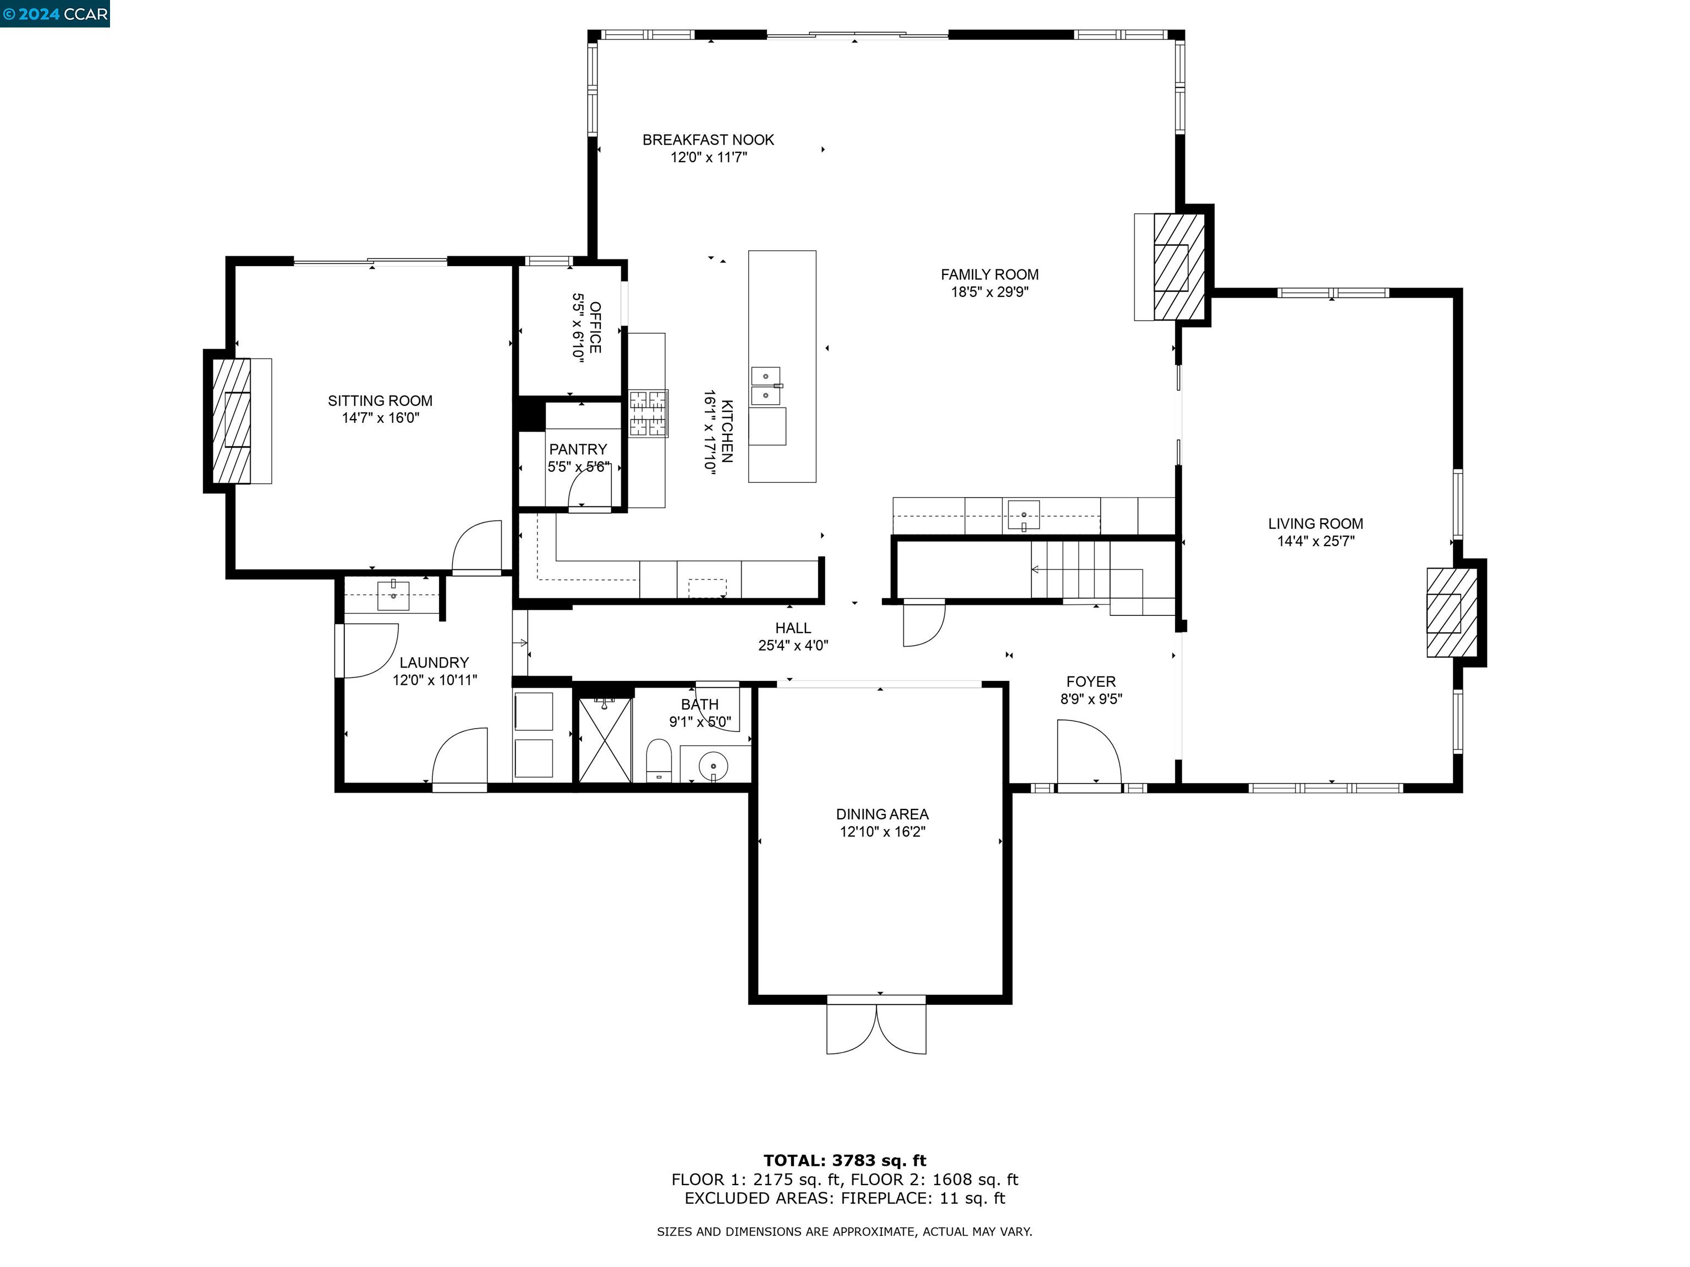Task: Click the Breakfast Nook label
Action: coord(707,140)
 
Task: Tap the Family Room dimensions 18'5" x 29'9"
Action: coord(989,292)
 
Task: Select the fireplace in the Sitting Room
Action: coord(232,420)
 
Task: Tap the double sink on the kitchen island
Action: coord(766,385)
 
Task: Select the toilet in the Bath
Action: coord(658,760)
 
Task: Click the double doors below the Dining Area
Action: coord(876,1027)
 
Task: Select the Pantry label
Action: coord(578,449)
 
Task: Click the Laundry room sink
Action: coord(393,595)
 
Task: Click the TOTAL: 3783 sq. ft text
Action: coord(844,1161)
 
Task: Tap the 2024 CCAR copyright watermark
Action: coord(55,14)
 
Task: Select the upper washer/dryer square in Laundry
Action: coord(533,711)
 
